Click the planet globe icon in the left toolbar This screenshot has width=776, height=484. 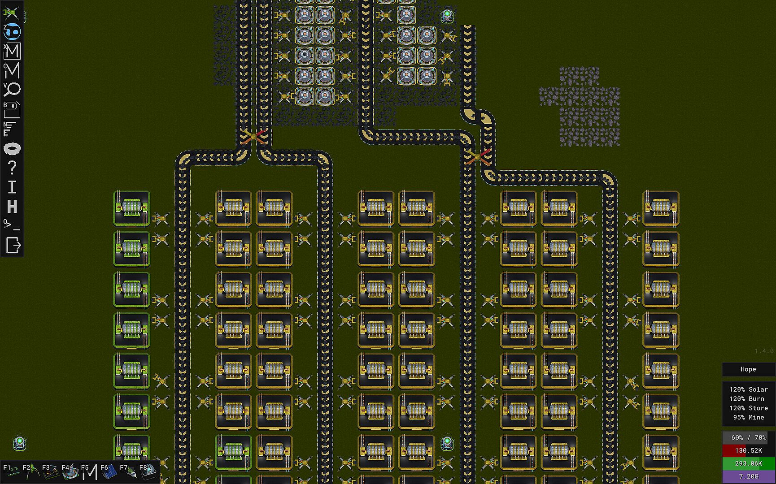pos(12,31)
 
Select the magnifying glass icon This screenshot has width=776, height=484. pos(12,89)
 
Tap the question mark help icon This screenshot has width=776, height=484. pos(12,168)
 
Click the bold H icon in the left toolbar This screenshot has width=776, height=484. pos(12,207)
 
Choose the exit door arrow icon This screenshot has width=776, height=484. pos(13,245)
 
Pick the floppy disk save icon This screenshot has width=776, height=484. pos(12,109)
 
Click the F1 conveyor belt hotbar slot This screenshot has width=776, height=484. pos(11,471)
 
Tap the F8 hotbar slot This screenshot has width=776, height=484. pos(148,471)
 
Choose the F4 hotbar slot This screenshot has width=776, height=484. pos(70,471)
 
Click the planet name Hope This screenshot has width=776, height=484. pos(748,369)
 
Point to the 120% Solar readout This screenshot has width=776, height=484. pos(748,389)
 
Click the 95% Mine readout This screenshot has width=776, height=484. pos(748,417)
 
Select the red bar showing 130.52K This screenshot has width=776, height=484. pos(748,450)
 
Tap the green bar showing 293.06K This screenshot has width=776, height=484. pos(748,463)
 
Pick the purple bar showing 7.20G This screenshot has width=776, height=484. pos(748,476)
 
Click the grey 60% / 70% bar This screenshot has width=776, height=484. pos(748,437)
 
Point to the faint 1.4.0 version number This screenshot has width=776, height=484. pos(764,351)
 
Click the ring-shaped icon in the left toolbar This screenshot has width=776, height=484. pos(12,148)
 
